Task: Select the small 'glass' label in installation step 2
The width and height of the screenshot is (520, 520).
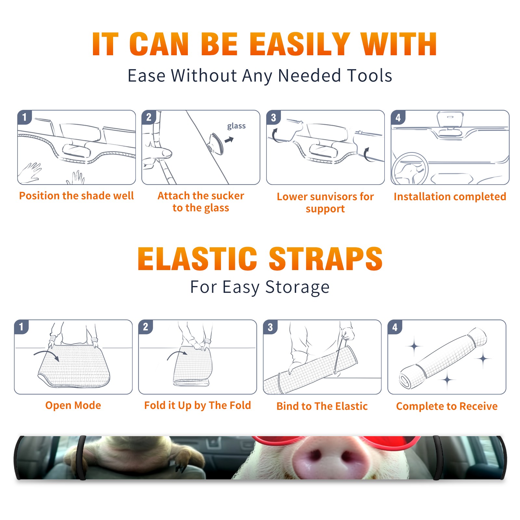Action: tap(236, 126)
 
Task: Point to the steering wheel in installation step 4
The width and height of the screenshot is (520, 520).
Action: tap(410, 169)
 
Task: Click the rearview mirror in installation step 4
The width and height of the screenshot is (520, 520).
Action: tap(450, 120)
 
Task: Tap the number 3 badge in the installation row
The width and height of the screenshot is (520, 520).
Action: tap(273, 117)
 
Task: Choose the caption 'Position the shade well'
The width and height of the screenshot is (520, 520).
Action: tap(76, 196)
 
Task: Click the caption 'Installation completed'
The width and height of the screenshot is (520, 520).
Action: tap(450, 197)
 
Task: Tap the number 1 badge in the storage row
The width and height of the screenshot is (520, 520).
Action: tap(21, 327)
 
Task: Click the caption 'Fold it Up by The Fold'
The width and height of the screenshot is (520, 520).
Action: tap(198, 405)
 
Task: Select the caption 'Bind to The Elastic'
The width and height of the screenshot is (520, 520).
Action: tap(322, 406)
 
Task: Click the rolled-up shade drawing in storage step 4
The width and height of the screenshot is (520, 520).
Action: tap(443, 358)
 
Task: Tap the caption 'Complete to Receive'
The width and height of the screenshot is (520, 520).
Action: tap(447, 406)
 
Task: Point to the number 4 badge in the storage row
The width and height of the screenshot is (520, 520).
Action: tap(395, 327)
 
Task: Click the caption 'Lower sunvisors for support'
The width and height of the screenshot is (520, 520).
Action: tap(325, 202)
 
